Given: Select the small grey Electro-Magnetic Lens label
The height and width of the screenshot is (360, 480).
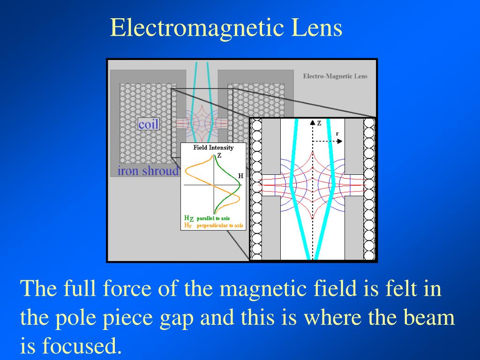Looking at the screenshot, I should click(x=335, y=76).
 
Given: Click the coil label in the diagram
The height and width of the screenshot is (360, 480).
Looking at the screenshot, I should click(x=149, y=124).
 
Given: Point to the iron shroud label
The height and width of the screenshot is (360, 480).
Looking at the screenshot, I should click(x=148, y=171).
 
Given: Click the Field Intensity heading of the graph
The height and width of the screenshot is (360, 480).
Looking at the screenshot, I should click(x=213, y=148).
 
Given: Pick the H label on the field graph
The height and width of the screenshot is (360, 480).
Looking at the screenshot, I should click(x=240, y=176).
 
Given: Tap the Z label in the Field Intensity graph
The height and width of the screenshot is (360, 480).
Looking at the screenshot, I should click(x=219, y=155).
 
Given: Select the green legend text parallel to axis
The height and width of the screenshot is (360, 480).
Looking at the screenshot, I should click(x=213, y=218).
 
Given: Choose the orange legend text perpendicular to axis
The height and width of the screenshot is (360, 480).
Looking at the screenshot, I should click(x=220, y=225).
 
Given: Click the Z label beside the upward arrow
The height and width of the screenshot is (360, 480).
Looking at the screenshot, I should click(x=319, y=123).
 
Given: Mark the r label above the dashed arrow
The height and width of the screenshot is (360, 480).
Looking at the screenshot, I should click(x=337, y=134).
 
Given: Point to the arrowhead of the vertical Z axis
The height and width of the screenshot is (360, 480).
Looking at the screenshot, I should click(x=313, y=122).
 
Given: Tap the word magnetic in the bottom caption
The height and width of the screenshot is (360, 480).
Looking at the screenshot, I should click(x=253, y=289).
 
